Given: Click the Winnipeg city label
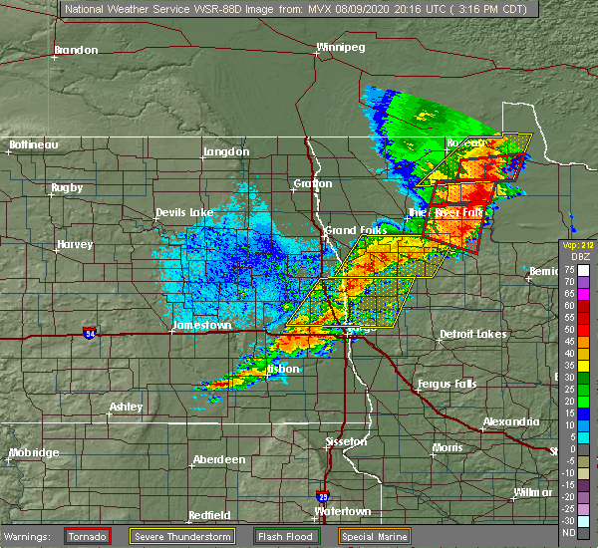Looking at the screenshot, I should pos(342,47).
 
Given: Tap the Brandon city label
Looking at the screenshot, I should pos(76,50).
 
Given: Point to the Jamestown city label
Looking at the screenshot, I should pos(202,325).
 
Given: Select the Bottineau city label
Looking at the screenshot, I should pos(33,144).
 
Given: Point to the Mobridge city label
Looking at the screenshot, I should pos(35,453).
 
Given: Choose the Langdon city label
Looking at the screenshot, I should pos(226,151).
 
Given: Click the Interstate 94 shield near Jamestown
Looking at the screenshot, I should pos(90,331).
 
